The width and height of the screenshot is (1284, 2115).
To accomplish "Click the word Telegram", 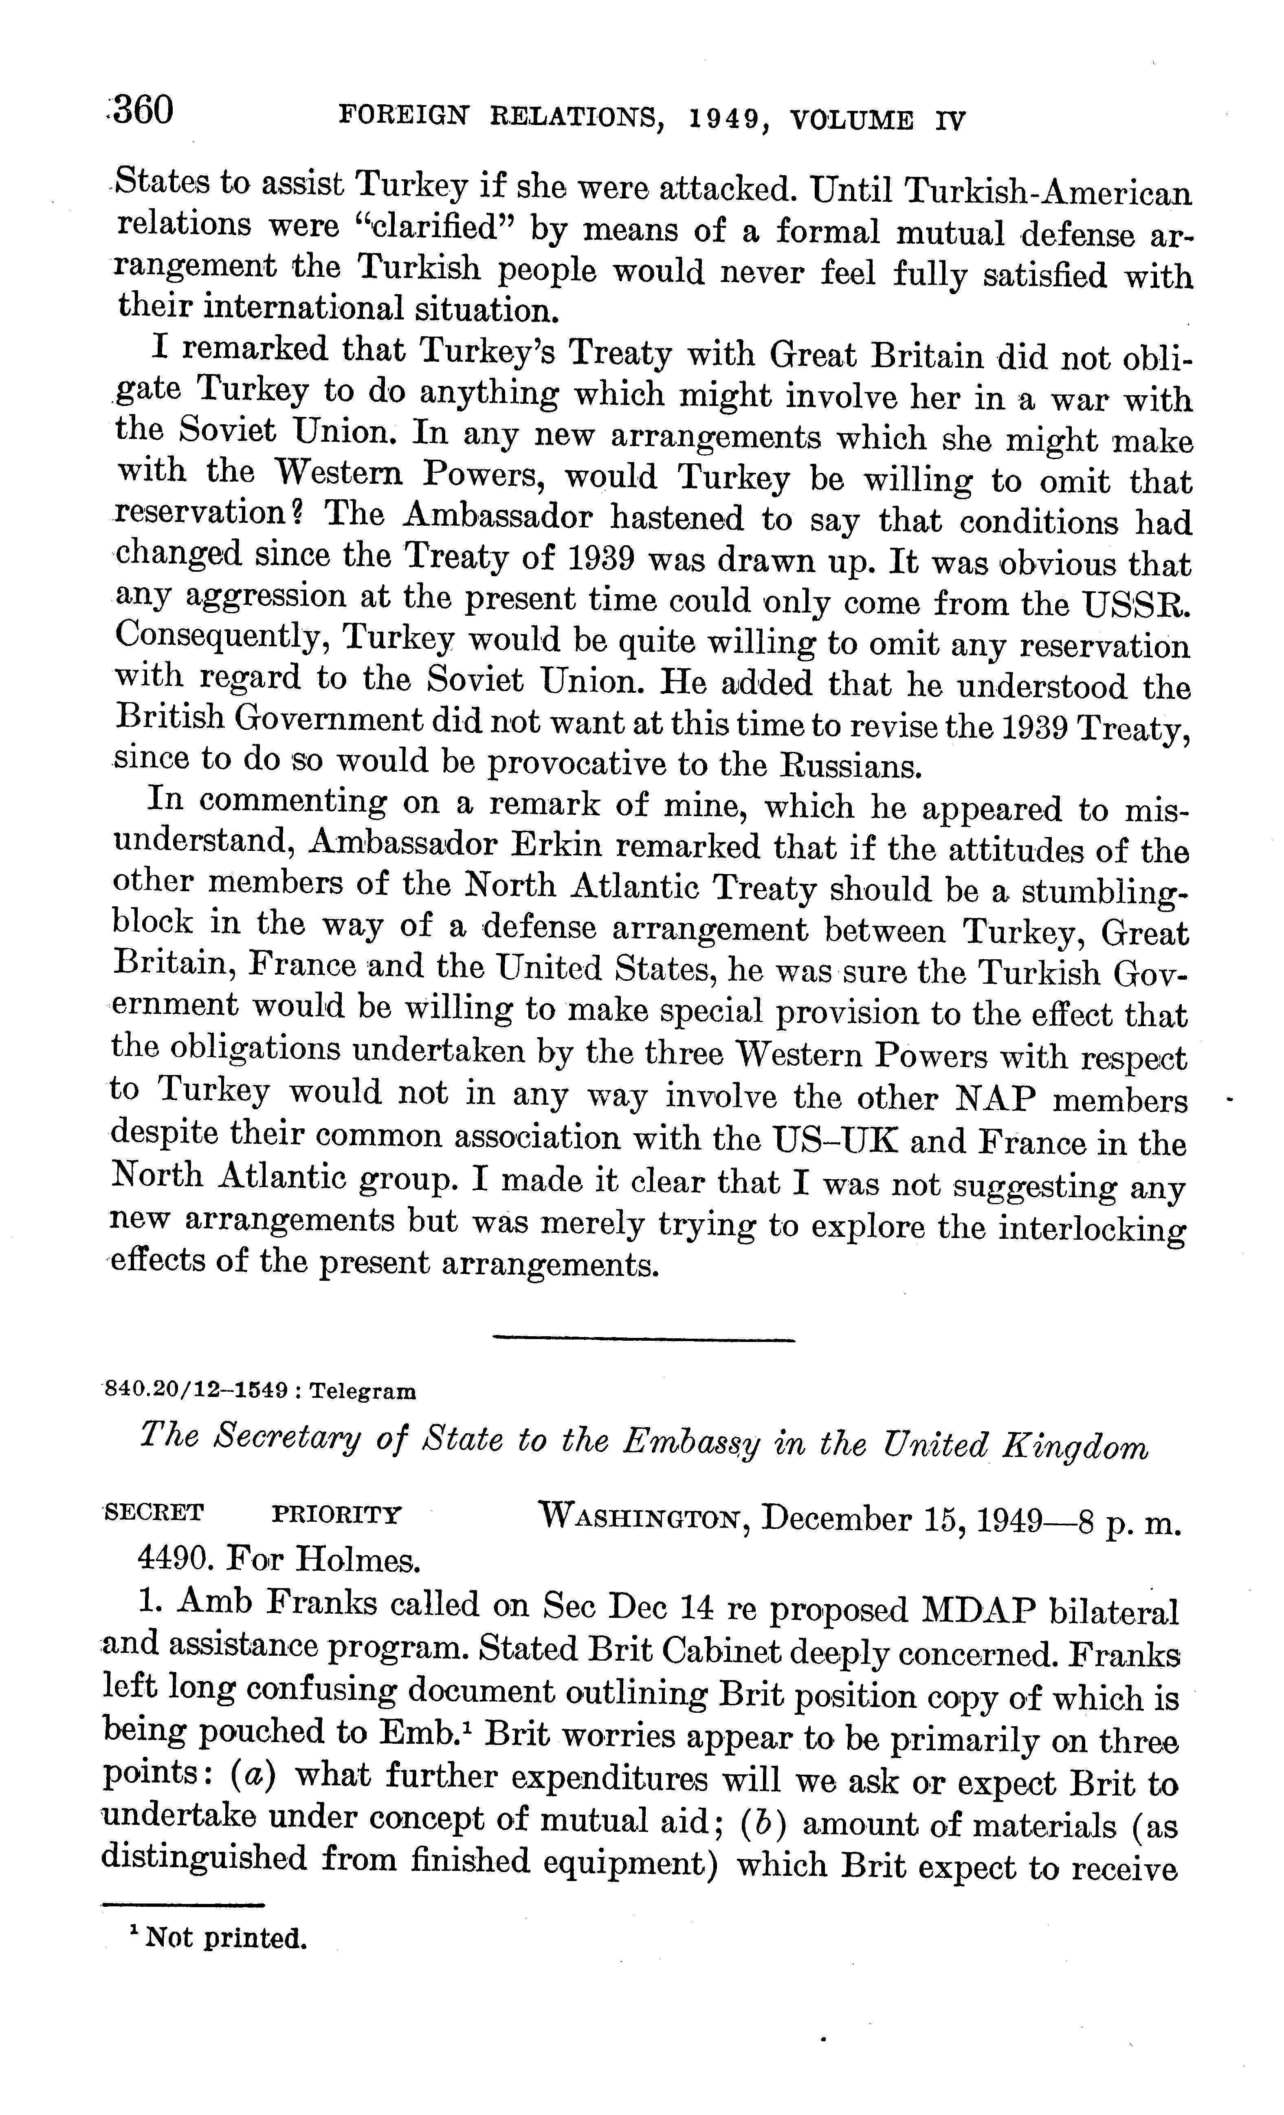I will tap(363, 1390).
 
